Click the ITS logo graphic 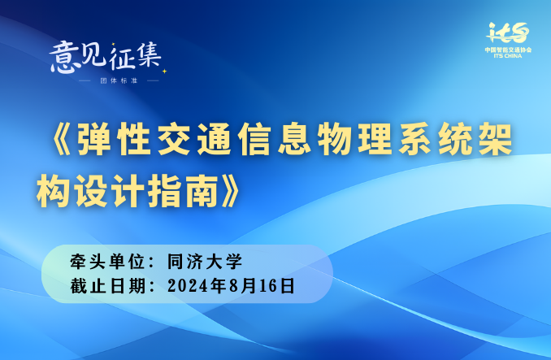508,33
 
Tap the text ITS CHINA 508,56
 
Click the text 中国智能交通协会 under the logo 508,50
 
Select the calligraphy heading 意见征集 105,57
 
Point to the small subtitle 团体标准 119,80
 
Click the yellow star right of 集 164,72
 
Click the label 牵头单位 107,262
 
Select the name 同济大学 205,262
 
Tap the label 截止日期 108,286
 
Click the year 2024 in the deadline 188,286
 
